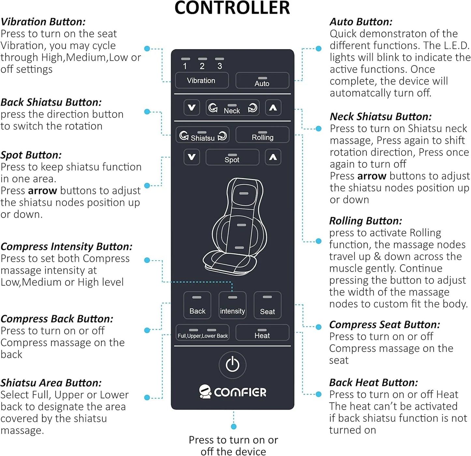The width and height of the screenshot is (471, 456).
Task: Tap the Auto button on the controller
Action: pyautogui.click(x=262, y=80)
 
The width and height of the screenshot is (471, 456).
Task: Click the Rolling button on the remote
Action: pyautogui.click(x=262, y=135)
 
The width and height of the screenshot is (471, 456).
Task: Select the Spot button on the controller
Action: pyautogui.click(x=232, y=157)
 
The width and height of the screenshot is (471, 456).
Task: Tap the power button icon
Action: pyautogui.click(x=232, y=365)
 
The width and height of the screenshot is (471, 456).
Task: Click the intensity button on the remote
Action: pyautogui.click(x=232, y=305)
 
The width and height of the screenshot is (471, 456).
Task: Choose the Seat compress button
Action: pyautogui.click(x=267, y=305)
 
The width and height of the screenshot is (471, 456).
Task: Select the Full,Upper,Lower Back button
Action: pyautogui.click(x=202, y=333)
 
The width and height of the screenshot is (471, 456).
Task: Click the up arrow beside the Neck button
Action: pyautogui.click(x=273, y=108)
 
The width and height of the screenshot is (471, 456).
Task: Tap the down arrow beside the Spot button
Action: pyautogui.click(x=192, y=157)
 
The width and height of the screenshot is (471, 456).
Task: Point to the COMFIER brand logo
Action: pyautogui.click(x=232, y=392)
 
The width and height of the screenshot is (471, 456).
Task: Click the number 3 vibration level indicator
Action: pyautogui.click(x=219, y=63)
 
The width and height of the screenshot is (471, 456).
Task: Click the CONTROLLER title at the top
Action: pyautogui.click(x=232, y=8)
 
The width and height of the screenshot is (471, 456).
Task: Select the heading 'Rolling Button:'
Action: pyautogui.click(x=365, y=221)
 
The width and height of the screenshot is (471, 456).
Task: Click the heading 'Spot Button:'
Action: pyautogui.click(x=31, y=155)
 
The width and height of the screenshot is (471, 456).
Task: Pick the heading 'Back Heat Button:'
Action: pyautogui.click(x=373, y=382)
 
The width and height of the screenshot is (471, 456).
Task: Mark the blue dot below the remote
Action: pyautogui.click(x=233, y=426)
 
